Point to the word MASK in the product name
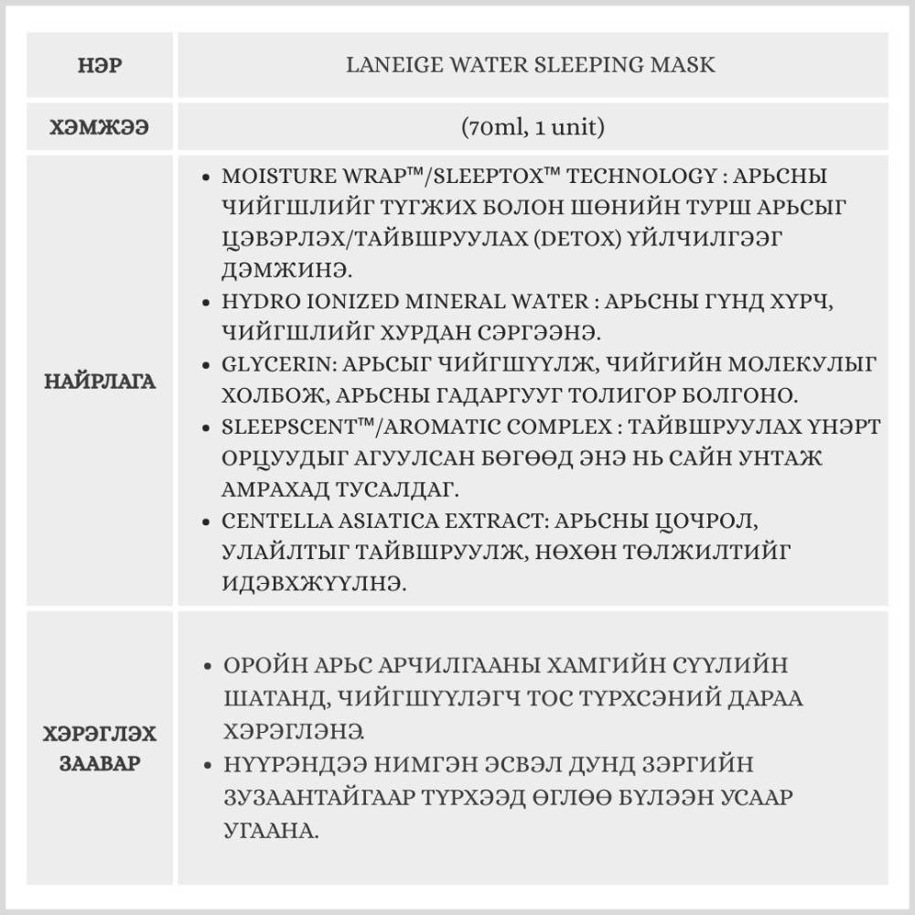tap(687, 66)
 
